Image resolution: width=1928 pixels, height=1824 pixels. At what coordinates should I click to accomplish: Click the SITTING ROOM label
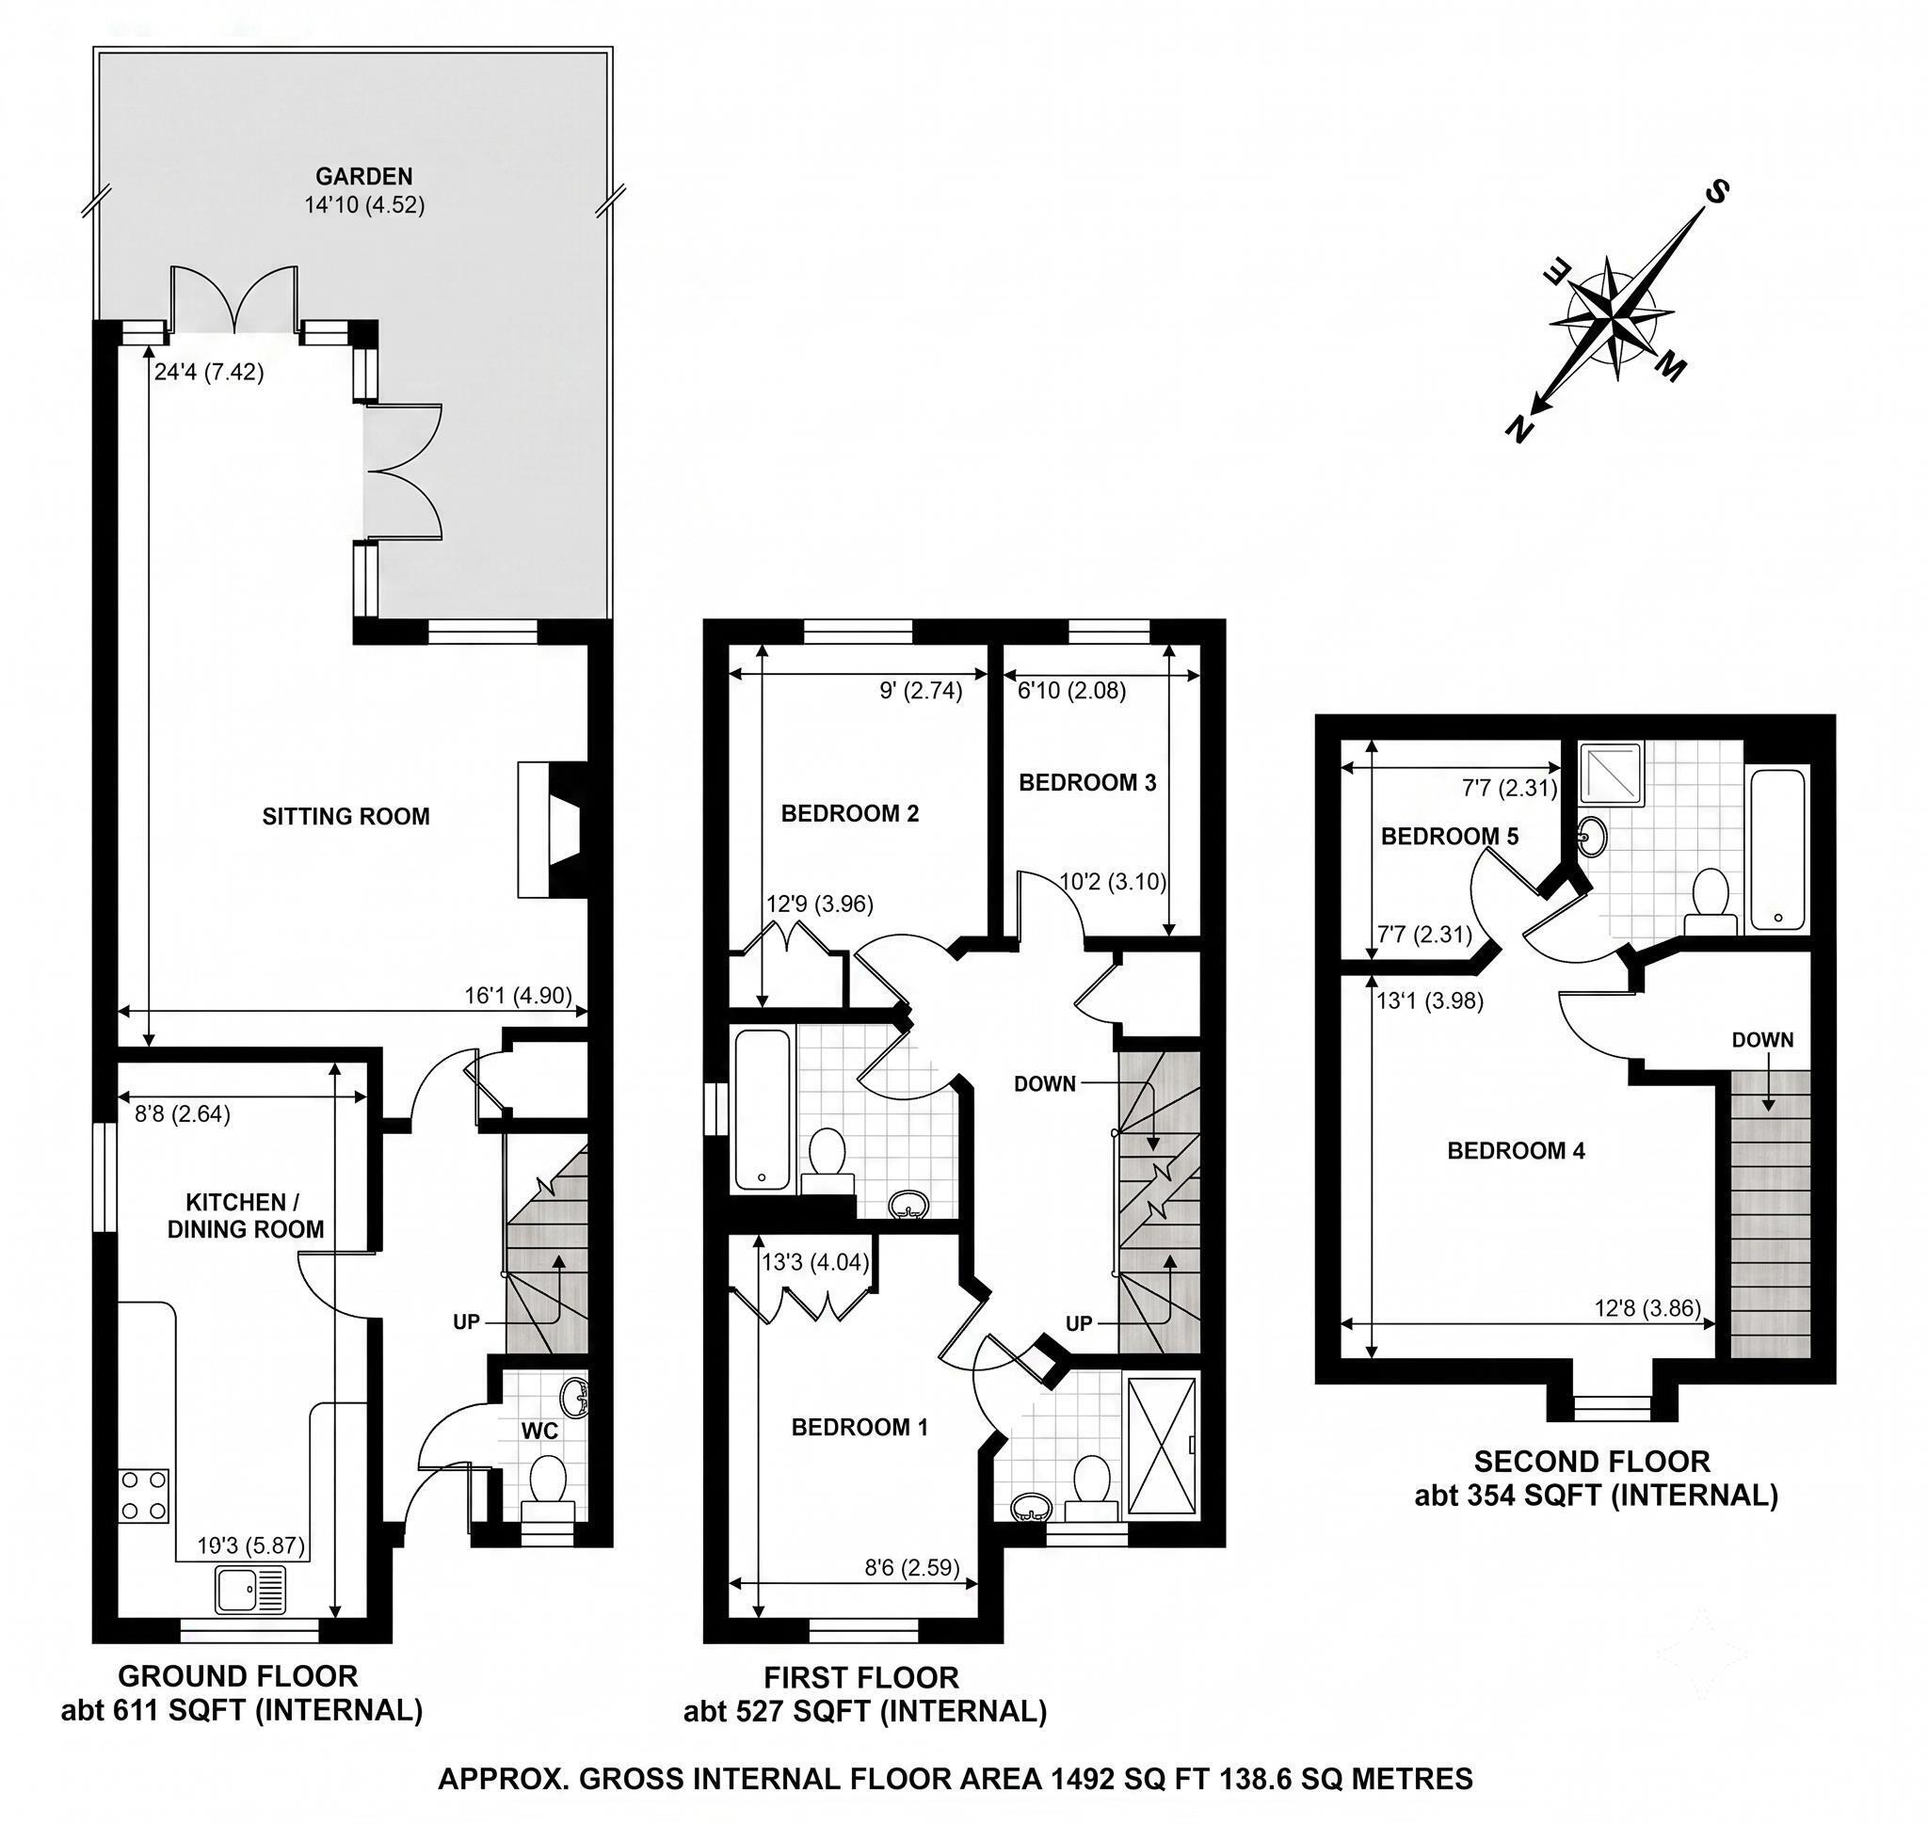coord(346,816)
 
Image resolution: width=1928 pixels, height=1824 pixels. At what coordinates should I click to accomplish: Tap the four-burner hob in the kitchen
coord(144,1496)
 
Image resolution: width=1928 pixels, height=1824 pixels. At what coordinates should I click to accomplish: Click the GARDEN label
coord(363,176)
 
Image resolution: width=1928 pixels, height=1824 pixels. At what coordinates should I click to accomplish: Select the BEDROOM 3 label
coord(1087,783)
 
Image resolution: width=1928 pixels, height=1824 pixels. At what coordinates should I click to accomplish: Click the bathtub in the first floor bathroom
coord(763,1110)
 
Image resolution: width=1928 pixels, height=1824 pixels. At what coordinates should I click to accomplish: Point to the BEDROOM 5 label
coord(1450,836)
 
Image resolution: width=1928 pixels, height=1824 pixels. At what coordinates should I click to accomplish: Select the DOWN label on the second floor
coord(1762,1039)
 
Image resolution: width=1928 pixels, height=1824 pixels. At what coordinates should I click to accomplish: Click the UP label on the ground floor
coord(467,1322)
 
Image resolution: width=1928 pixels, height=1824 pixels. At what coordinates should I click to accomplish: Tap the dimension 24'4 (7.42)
coord(208,373)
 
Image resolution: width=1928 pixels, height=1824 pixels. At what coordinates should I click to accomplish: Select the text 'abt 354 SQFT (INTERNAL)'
coord(1596,1496)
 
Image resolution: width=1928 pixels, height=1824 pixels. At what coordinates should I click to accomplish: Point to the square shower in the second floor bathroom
coord(1611,774)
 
